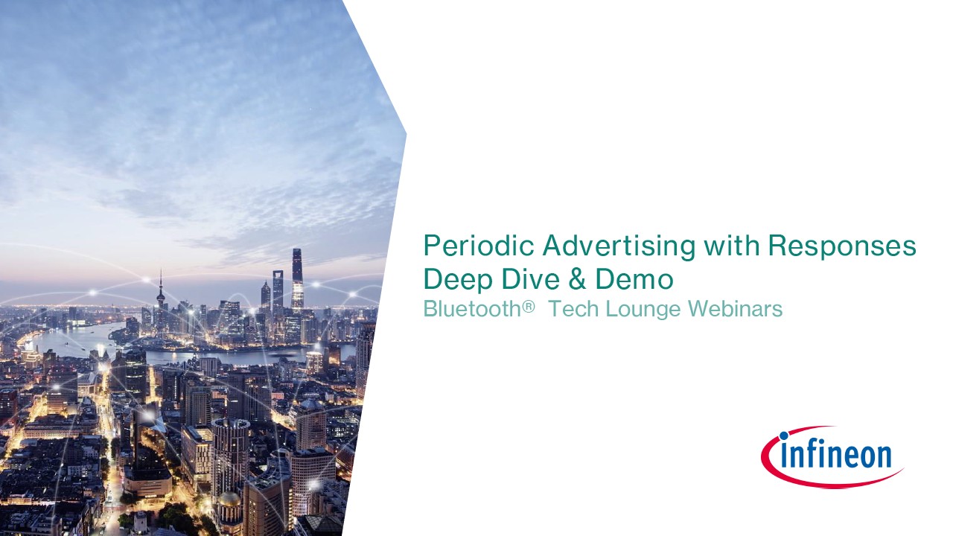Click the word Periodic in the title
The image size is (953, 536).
click(x=478, y=246)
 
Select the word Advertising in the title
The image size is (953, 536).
click(x=619, y=246)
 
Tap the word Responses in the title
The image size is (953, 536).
click(x=842, y=246)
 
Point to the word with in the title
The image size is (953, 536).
click(x=731, y=246)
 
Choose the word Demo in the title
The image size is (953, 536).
click(x=634, y=279)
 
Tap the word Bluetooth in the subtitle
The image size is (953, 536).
click(x=472, y=308)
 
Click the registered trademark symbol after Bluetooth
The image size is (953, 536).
click(x=528, y=306)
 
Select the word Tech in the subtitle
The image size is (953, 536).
click(x=574, y=308)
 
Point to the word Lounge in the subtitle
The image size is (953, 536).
click(x=644, y=310)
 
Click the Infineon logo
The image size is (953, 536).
click(x=832, y=457)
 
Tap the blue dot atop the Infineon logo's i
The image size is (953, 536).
click(x=784, y=435)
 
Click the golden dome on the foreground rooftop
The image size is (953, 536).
click(x=229, y=499)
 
